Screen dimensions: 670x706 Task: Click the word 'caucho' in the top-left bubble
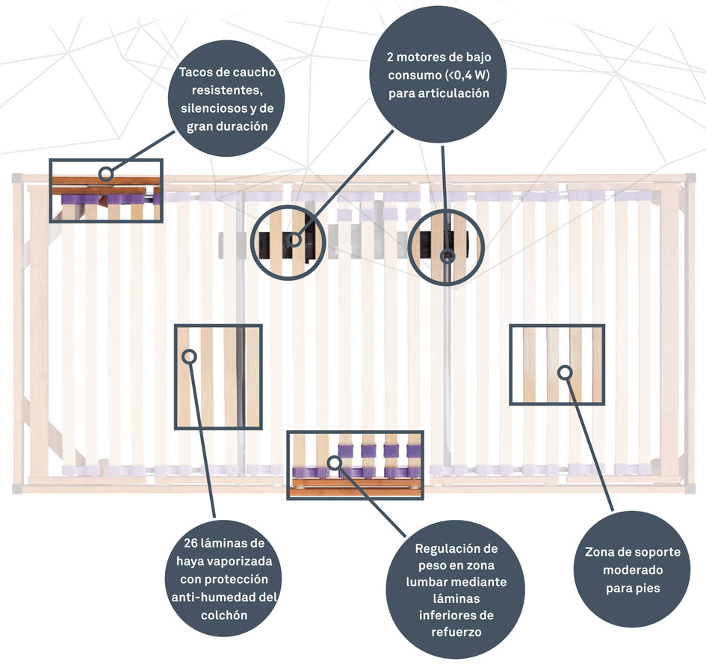tap(252, 73)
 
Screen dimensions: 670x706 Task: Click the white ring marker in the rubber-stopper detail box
tap(106, 174)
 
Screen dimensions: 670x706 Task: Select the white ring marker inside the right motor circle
tap(447, 256)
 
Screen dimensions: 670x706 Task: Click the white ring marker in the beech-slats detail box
tap(189, 356)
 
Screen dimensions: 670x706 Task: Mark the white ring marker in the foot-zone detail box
tap(565, 371)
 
